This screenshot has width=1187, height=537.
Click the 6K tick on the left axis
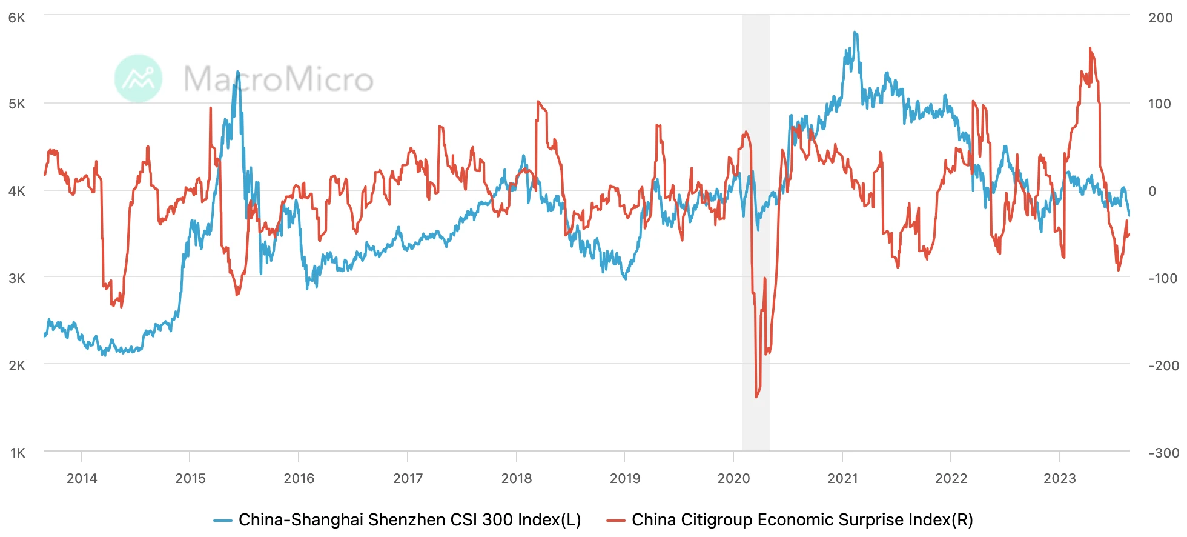(x=17, y=18)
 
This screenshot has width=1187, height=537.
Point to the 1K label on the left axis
(x=18, y=453)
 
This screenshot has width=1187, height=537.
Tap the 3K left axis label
(x=17, y=278)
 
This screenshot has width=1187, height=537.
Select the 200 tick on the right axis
(x=1160, y=18)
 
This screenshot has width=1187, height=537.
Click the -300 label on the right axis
(x=1163, y=453)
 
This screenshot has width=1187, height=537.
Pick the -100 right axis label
(x=1163, y=278)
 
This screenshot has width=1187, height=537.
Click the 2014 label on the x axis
(x=82, y=478)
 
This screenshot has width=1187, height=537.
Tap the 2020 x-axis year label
(x=733, y=478)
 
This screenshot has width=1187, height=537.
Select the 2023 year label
(x=1059, y=478)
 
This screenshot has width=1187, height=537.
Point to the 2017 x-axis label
(x=408, y=478)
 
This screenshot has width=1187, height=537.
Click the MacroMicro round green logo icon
(x=139, y=79)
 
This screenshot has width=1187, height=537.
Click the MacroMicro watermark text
(x=279, y=79)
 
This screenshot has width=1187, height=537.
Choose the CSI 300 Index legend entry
(x=398, y=519)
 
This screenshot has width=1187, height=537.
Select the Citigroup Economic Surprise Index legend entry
(x=790, y=519)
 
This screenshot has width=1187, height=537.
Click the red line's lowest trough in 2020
(x=756, y=397)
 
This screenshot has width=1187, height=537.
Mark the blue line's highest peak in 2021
(x=855, y=32)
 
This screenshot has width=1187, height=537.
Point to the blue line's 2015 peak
(x=238, y=72)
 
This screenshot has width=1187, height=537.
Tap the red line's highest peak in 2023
(x=1090, y=48)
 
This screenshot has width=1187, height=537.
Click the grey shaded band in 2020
(x=756, y=303)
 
